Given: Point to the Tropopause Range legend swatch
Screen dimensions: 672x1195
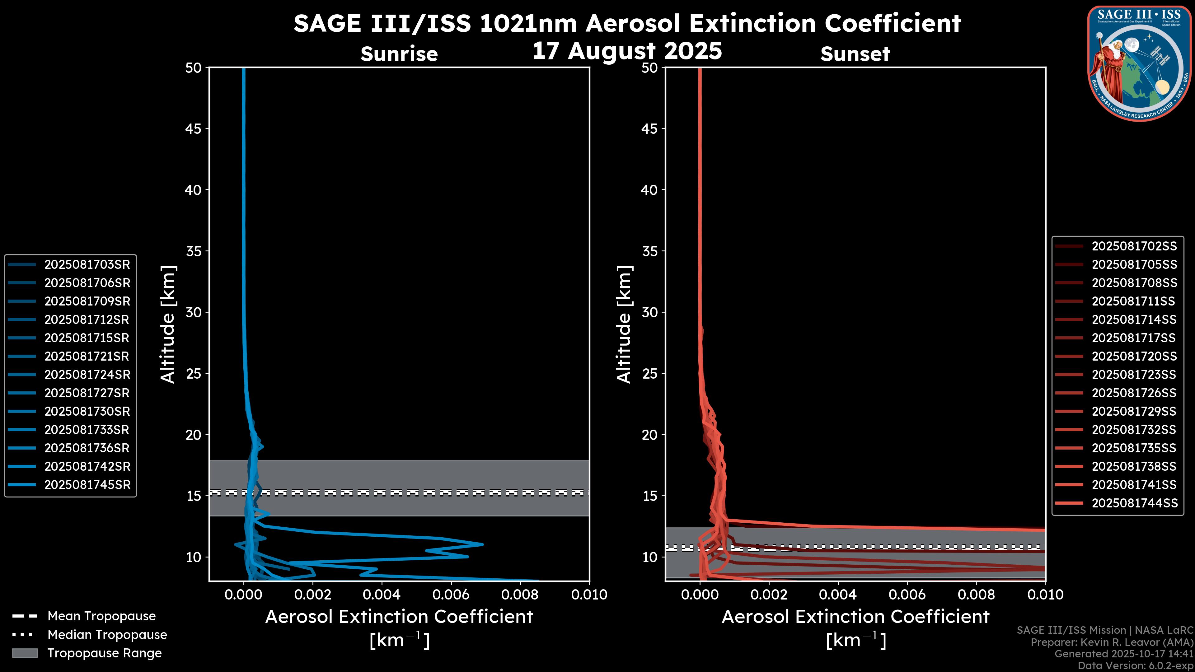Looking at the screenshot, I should pos(25,653).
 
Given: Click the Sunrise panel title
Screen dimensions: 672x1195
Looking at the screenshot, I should pos(399,54).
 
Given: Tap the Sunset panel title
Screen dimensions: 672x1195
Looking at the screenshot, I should pos(855,54).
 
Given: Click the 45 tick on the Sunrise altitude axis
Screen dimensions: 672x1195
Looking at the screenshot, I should pos(194,128).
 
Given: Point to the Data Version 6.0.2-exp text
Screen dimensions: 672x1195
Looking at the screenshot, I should pos(1136,665).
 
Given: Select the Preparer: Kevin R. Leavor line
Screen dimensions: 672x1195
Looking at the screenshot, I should pos(1112,642).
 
